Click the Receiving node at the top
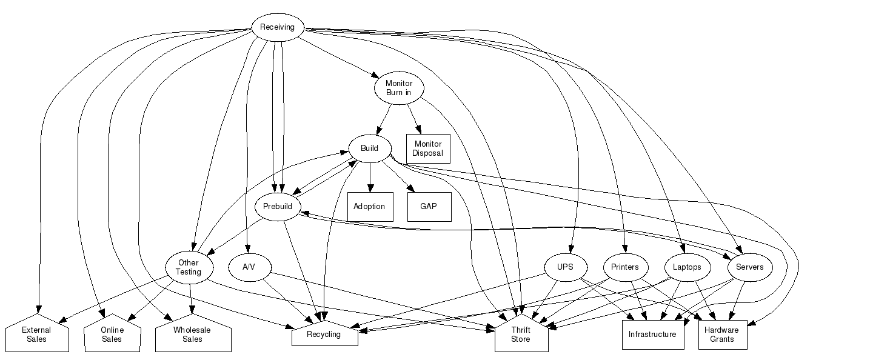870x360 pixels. tap(277, 27)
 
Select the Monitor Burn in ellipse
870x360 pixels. tap(399, 88)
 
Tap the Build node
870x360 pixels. tap(369, 148)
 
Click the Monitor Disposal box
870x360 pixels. tap(427, 148)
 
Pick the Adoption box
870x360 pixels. tap(369, 206)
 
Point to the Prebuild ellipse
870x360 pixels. tap(278, 207)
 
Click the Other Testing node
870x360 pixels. tap(189, 267)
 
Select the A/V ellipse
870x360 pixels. tap(249, 267)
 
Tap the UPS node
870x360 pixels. tap(564, 267)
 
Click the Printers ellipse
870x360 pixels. tap(625, 267)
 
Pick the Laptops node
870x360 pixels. tap(687, 267)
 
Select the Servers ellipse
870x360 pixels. tap(749, 267)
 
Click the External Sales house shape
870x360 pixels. tap(36, 335)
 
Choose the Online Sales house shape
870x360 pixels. tap(112, 335)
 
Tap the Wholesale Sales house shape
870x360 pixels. tap(192, 335)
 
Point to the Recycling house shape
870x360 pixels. tap(324, 335)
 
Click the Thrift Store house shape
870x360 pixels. tap(520, 335)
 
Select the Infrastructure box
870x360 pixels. tap(652, 335)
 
